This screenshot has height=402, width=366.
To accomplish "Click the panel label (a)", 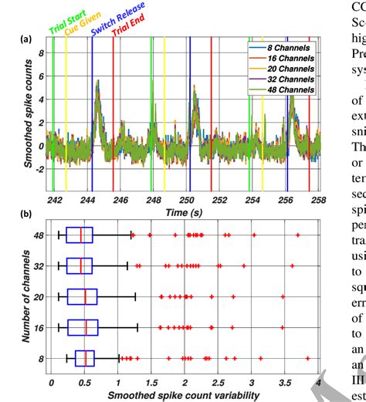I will [x=25, y=39].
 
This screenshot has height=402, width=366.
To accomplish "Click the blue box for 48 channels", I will [x=80, y=214].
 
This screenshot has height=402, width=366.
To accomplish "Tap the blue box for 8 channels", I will [x=84, y=358].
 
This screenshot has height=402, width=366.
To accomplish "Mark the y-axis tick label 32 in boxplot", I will [x=37, y=250].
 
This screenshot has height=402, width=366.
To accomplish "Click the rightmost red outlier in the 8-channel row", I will [x=307, y=358].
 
